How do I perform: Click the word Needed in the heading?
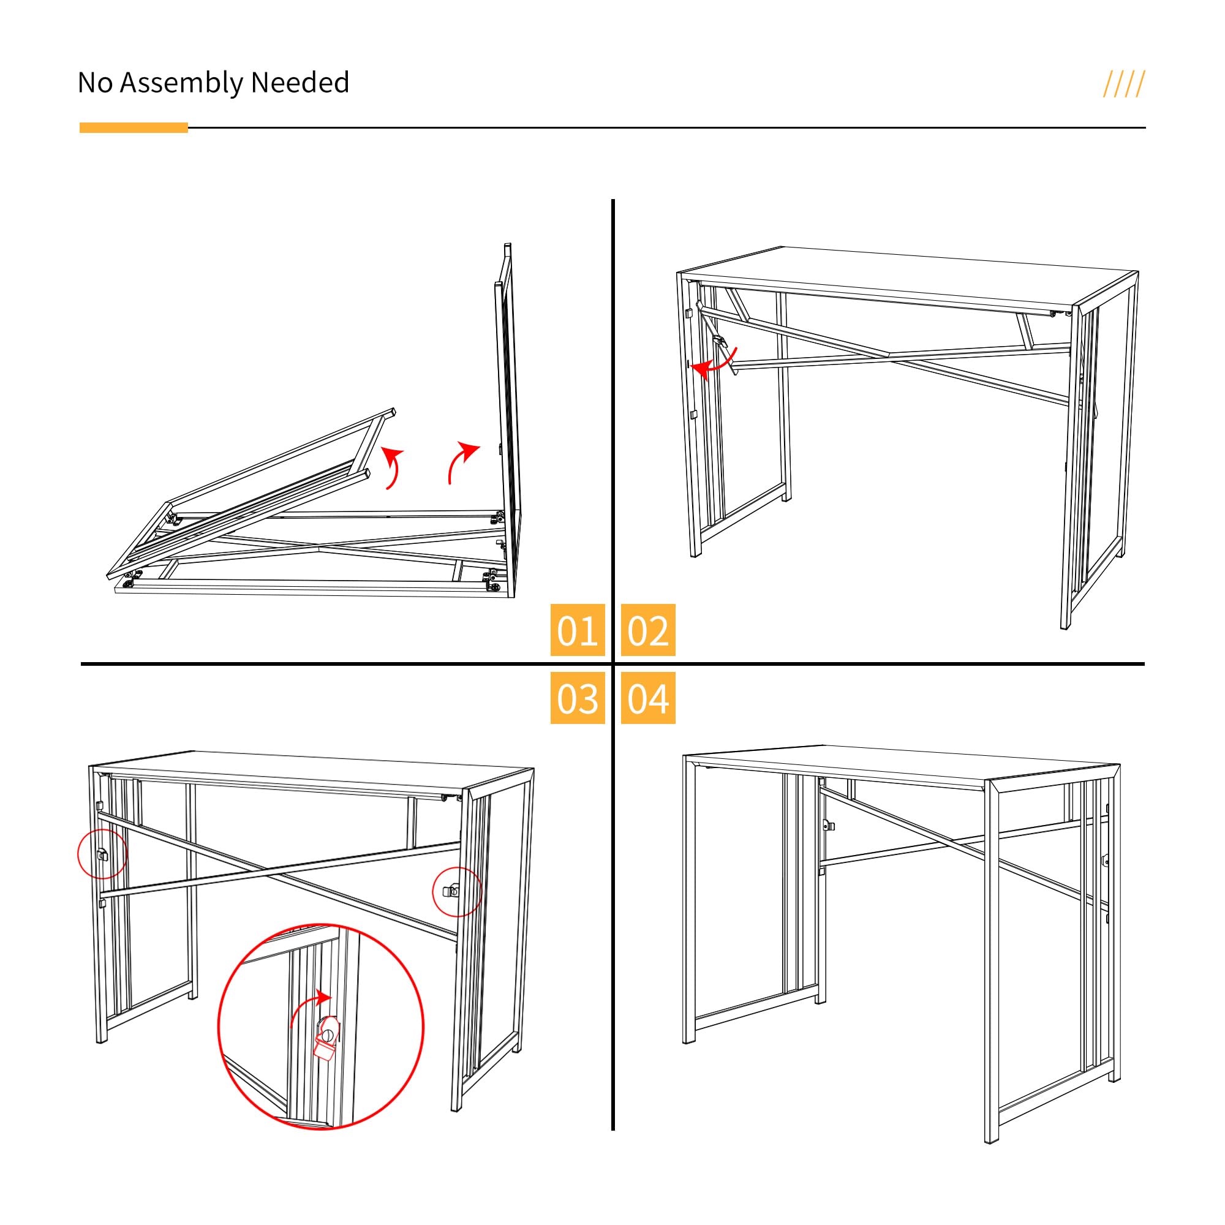(x=300, y=83)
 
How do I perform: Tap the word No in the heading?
(x=96, y=83)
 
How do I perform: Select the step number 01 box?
(x=577, y=630)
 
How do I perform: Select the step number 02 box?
(x=648, y=630)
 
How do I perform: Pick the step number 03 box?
(x=577, y=698)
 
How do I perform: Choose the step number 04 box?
(x=648, y=698)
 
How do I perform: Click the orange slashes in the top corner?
(x=1123, y=85)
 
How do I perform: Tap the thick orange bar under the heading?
(x=134, y=127)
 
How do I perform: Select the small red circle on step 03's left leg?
(x=102, y=854)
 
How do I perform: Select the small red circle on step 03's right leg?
(x=457, y=891)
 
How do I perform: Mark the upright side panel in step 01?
(x=507, y=418)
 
